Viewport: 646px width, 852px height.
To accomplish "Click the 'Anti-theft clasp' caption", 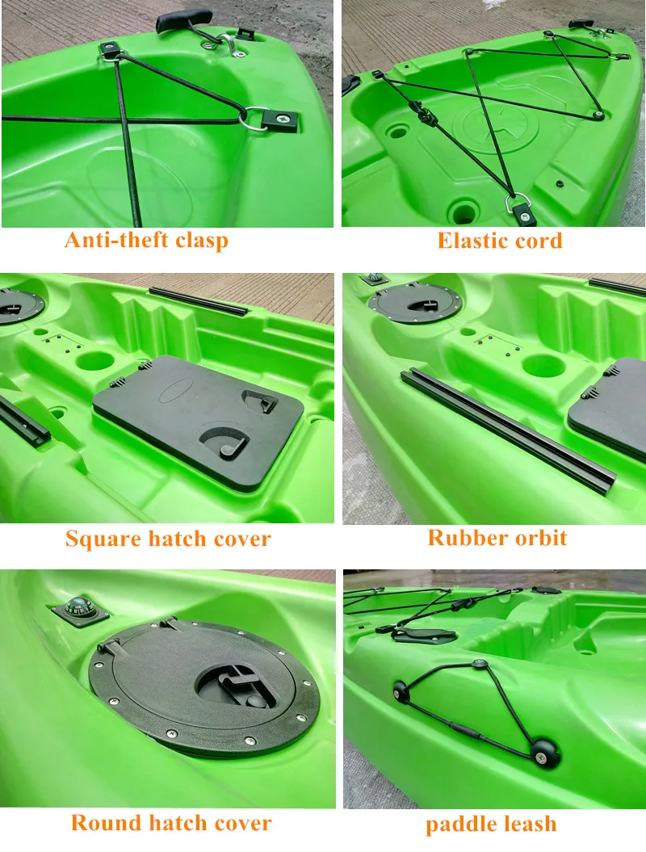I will [146, 240].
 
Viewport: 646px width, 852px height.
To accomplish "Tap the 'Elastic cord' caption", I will [500, 240].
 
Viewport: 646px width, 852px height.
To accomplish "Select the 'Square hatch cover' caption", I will [168, 539].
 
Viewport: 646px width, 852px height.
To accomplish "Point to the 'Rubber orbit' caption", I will [497, 537].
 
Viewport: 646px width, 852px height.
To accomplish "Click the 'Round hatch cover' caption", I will [171, 823].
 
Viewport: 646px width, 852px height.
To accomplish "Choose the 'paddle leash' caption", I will [491, 824].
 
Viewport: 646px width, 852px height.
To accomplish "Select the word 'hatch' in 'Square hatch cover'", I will [174, 539].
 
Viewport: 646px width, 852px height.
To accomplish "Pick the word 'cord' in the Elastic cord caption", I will [538, 240].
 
